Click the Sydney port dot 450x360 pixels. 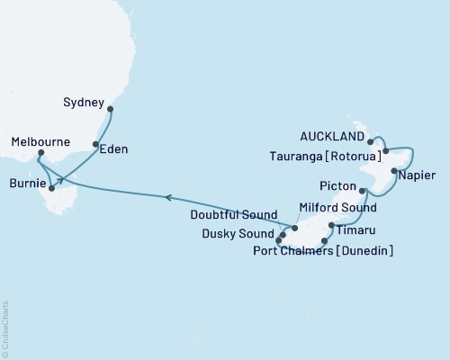tap(111, 110)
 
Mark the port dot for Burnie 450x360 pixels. tap(51, 189)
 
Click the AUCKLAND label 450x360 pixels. tap(333, 137)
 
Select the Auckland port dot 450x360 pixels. tap(371, 142)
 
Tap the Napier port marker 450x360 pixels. tap(393, 170)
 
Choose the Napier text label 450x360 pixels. tap(418, 175)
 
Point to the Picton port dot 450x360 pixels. tap(362, 191)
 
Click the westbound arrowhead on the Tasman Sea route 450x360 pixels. tap(167, 195)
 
